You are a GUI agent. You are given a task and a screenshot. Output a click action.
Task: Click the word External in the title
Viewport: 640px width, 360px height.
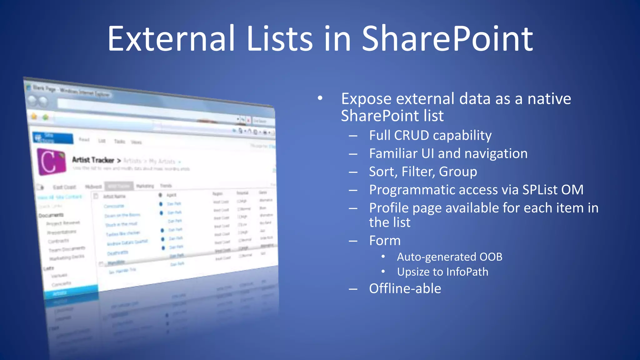coord(171,39)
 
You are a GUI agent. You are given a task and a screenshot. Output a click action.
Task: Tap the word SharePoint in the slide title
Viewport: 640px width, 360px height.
coord(447,39)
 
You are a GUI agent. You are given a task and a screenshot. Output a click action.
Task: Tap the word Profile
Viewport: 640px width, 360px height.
coord(388,208)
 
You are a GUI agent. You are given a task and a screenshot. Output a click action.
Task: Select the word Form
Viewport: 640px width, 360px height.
coord(385,241)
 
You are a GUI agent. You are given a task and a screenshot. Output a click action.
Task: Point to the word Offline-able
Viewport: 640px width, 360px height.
coord(405,288)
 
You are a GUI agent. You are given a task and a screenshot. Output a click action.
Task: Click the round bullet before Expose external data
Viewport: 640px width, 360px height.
coord(320,98)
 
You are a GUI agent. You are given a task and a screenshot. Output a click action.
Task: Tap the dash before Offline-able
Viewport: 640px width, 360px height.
coord(353,289)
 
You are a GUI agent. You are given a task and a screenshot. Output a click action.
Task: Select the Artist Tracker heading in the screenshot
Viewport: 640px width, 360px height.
coord(93,160)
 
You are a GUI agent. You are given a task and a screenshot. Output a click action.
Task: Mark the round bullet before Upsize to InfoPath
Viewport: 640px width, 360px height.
coord(383,272)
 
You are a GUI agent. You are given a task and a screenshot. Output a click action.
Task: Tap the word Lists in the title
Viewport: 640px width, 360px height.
coord(280,39)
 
